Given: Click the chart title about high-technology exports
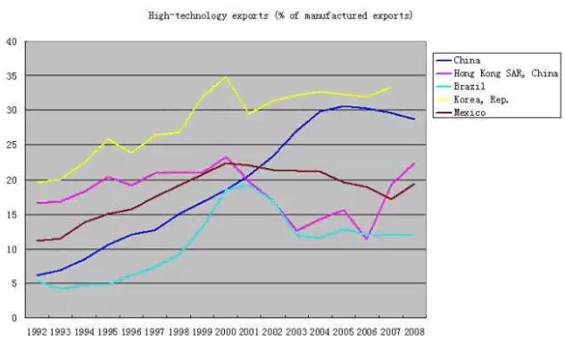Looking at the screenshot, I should [x=280, y=16].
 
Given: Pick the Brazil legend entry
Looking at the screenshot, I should [x=469, y=87].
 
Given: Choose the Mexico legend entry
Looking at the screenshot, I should [x=469, y=113].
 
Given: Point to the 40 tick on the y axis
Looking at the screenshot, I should [x=12, y=41].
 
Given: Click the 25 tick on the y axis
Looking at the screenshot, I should [x=12, y=145].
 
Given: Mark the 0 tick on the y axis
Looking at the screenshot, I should [x=14, y=318].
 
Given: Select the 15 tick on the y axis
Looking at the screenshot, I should [x=12, y=214].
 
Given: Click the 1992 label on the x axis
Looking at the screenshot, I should [x=37, y=331].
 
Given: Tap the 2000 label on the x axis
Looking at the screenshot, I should [x=225, y=331].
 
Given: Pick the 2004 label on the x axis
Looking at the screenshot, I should [x=319, y=331].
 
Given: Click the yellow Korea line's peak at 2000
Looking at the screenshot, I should [x=226, y=77].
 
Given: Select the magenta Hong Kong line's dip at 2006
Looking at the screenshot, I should [x=366, y=239].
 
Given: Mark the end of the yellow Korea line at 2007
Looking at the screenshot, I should [x=390, y=87].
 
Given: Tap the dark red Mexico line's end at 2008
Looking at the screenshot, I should [x=413, y=183].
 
